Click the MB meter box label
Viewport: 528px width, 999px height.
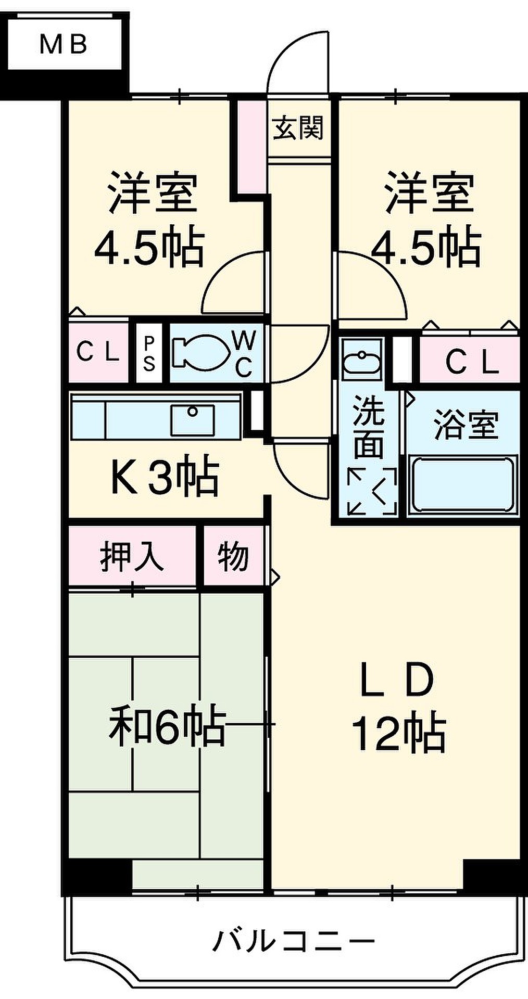click(x=64, y=44)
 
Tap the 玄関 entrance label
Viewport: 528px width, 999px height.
click(x=299, y=127)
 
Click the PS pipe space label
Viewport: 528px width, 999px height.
click(x=149, y=353)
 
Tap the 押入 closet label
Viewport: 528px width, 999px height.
click(x=132, y=557)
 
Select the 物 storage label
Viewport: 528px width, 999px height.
click(x=233, y=557)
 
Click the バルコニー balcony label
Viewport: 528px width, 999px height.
click(x=293, y=941)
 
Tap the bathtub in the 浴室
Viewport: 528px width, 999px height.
click(x=462, y=485)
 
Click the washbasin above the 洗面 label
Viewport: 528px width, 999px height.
click(x=361, y=359)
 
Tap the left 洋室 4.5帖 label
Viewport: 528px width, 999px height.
click(x=150, y=221)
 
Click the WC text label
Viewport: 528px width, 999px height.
click(x=244, y=354)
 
